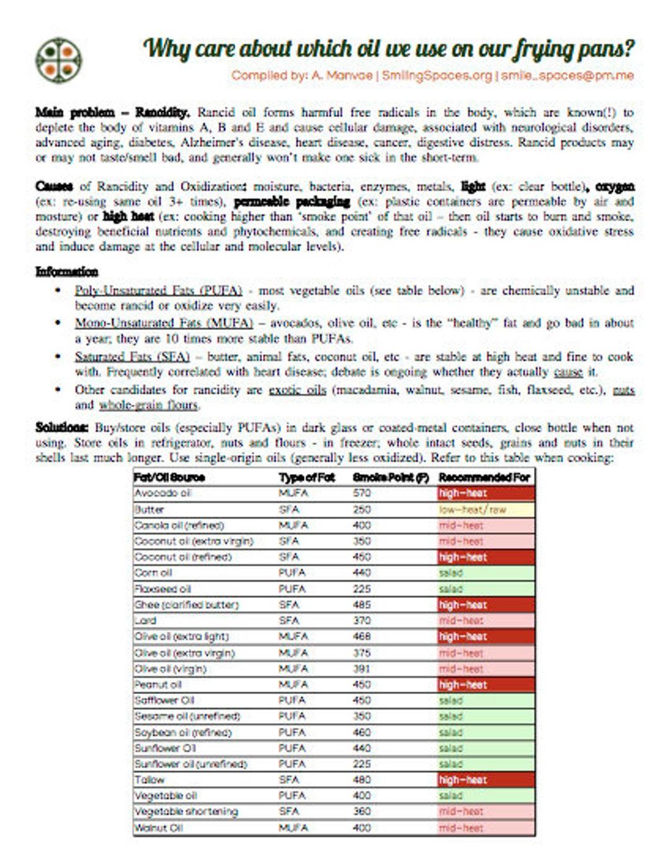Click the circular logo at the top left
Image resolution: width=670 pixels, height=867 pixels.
(x=58, y=61)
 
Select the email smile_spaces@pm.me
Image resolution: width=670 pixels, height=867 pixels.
(x=567, y=76)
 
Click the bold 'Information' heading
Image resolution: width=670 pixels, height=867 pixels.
(x=66, y=272)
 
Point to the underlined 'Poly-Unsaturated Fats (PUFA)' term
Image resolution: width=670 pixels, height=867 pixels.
(x=158, y=290)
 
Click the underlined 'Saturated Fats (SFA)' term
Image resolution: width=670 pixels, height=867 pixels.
(x=132, y=357)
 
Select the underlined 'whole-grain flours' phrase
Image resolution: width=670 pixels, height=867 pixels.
(x=148, y=405)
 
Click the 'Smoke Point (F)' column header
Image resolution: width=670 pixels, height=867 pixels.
(x=391, y=478)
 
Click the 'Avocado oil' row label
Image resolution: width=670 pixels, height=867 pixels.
(x=163, y=493)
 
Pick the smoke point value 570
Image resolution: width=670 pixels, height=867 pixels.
(x=362, y=493)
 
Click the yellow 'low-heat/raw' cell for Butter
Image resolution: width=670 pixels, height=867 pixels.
(x=485, y=510)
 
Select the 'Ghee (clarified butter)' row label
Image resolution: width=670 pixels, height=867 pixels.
(x=187, y=605)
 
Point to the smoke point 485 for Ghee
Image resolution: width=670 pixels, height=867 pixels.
(x=362, y=605)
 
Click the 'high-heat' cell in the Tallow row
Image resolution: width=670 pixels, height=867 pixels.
(x=485, y=780)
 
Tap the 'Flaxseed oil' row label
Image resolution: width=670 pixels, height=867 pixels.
(x=163, y=589)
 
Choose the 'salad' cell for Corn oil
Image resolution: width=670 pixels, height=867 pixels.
(x=485, y=572)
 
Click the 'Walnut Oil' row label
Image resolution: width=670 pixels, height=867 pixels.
(x=159, y=827)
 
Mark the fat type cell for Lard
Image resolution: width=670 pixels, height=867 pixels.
(x=289, y=620)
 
